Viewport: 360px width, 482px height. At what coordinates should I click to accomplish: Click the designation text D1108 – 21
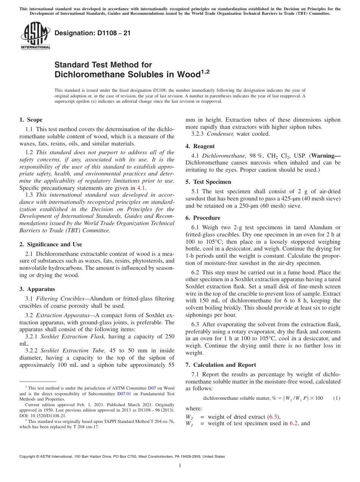[x=92, y=33]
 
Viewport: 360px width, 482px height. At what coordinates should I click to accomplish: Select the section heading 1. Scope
[x=31, y=120]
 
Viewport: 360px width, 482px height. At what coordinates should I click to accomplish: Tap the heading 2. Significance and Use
[x=50, y=244]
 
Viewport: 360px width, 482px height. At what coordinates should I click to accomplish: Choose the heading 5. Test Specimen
[x=208, y=182]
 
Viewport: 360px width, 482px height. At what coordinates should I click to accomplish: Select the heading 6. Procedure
[x=203, y=218]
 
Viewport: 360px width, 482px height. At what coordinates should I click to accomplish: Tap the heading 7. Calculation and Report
[x=221, y=365]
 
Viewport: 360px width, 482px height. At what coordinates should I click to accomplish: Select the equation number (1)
[x=337, y=398]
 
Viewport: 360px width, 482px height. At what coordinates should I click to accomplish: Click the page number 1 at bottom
[x=180, y=466]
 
